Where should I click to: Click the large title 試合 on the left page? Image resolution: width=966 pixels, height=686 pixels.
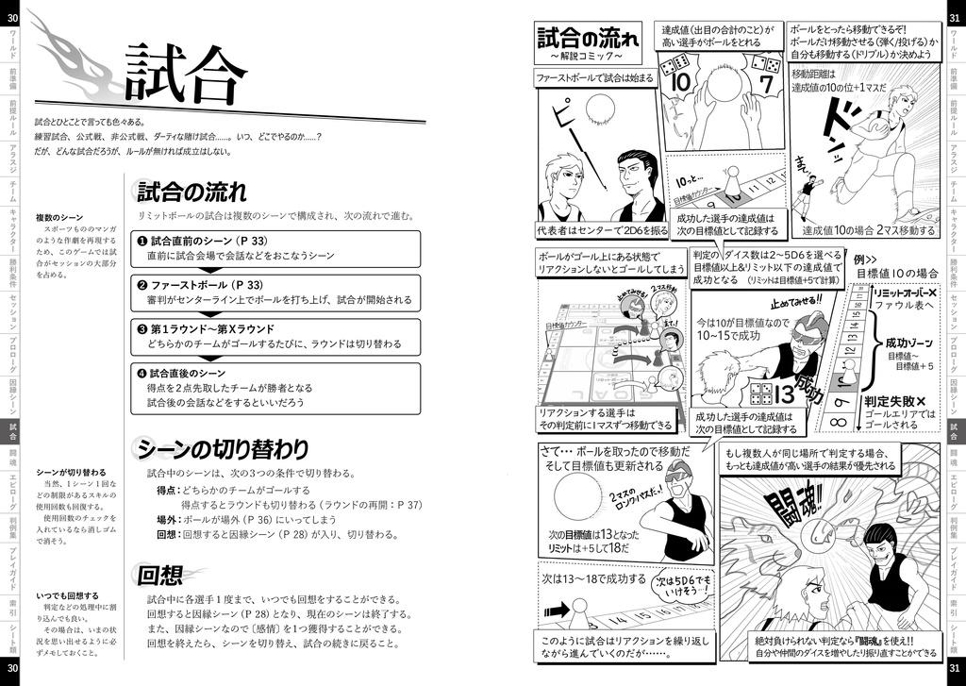(185, 74)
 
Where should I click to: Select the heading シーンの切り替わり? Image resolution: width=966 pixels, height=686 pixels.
(223, 448)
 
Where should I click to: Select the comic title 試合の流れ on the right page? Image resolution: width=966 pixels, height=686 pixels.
(587, 40)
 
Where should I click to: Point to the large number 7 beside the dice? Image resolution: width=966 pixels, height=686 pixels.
(766, 85)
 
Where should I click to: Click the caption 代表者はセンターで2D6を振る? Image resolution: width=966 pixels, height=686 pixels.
(602, 230)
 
